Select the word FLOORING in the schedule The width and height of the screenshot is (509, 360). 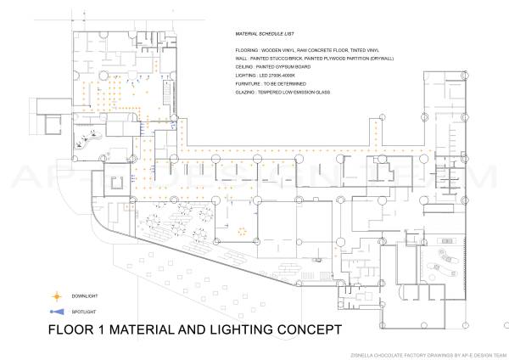point(247,52)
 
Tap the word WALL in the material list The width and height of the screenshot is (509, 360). point(242,60)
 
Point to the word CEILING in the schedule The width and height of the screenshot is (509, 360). point(245,69)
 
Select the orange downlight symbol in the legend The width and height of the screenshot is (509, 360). point(58,296)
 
